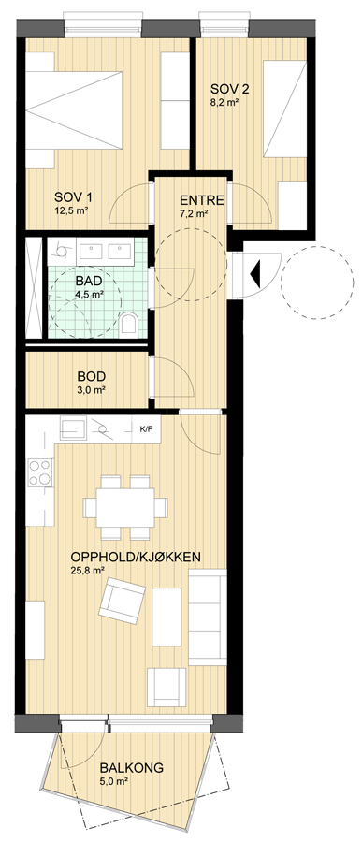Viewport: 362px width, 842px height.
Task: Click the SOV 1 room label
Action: (71, 196)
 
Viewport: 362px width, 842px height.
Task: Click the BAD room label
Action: (89, 281)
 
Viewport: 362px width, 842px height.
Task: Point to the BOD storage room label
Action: (91, 376)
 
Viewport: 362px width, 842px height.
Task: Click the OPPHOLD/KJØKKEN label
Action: (136, 557)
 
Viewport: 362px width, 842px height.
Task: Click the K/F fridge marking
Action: (146, 429)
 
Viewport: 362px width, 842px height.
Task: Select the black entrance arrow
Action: (255, 273)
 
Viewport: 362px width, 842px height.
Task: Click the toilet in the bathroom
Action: (129, 324)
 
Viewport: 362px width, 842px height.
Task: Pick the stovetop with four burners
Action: (41, 473)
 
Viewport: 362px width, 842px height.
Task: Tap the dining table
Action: (125, 507)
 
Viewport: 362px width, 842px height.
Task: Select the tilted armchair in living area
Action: (122, 602)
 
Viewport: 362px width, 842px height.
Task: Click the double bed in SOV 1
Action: (75, 110)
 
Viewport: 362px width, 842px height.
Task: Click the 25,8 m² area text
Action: (87, 572)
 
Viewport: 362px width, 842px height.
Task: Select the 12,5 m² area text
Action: (71, 210)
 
